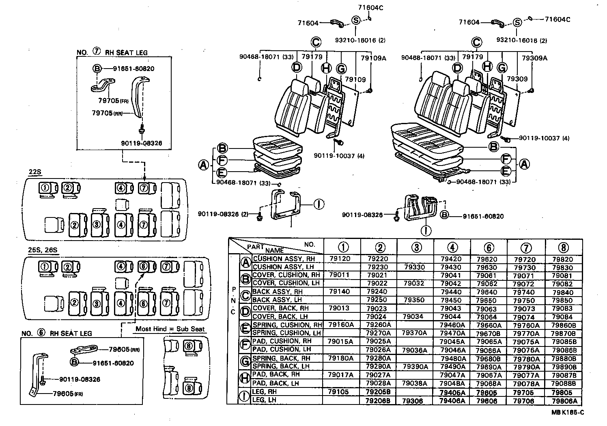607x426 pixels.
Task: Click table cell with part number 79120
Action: pos(339,258)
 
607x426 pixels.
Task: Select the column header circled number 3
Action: pos(416,247)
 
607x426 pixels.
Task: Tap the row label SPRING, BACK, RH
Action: pos(281,358)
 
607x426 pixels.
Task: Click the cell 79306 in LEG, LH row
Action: pos(413,400)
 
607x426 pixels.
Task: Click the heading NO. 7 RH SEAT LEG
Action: pos(112,52)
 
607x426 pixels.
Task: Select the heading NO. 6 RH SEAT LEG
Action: pos(56,333)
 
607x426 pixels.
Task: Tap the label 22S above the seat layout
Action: pos(35,172)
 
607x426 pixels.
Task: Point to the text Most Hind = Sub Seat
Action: pos(170,329)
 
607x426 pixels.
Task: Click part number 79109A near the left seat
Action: pos(374,58)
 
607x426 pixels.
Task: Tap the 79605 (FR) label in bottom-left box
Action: pos(67,394)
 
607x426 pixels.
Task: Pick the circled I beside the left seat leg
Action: pos(319,204)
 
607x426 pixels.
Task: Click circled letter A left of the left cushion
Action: pos(204,165)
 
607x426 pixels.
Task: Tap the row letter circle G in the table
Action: pos(245,361)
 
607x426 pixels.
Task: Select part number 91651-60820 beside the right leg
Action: pos(483,216)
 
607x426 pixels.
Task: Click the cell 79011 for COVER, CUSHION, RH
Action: pos(339,275)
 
